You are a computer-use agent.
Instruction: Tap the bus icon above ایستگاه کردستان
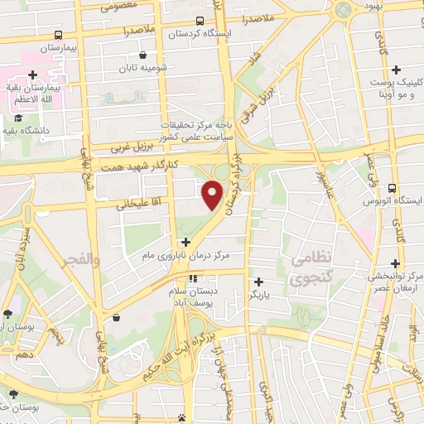(x=200, y=21)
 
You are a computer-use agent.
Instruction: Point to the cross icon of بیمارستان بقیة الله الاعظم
(x=31, y=75)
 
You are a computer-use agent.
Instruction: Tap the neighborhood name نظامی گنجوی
(x=311, y=268)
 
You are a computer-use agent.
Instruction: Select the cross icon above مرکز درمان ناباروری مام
(x=185, y=243)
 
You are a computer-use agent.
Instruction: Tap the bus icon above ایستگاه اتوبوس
(x=393, y=188)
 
